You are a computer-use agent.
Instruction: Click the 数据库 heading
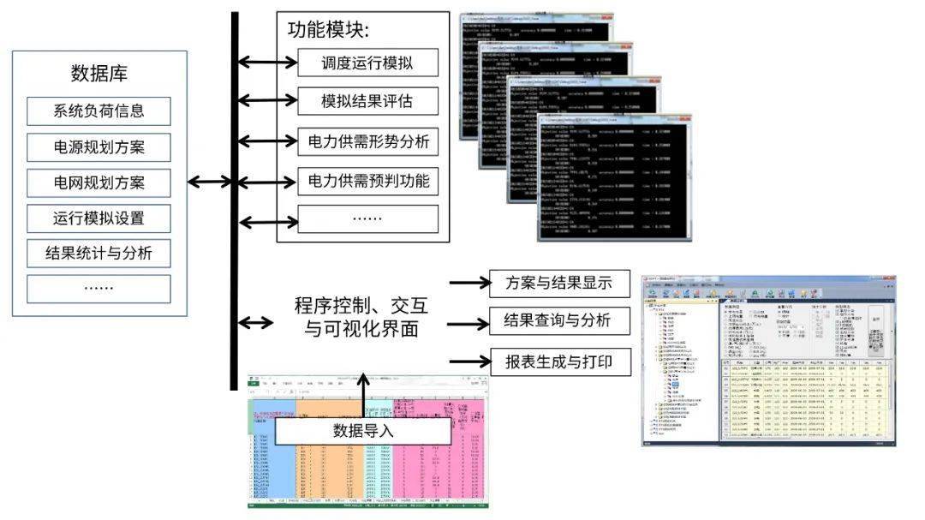(98, 73)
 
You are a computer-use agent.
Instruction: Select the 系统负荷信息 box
(98, 111)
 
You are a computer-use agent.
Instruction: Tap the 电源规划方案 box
(98, 147)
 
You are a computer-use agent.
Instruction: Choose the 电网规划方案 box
(98, 182)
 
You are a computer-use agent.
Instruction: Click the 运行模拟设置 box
(98, 218)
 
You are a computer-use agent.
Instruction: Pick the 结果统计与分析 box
(98, 253)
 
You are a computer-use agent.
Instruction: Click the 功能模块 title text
(328, 30)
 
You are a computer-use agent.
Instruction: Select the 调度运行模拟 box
(367, 63)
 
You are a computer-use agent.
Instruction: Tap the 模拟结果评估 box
(367, 102)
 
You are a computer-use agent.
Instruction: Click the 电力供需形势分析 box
(367, 141)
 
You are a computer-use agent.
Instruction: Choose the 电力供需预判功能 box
(367, 181)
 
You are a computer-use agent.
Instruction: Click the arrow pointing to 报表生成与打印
(468, 361)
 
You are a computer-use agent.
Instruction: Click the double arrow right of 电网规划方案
(209, 182)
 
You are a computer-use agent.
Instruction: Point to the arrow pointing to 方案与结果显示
(468, 284)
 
